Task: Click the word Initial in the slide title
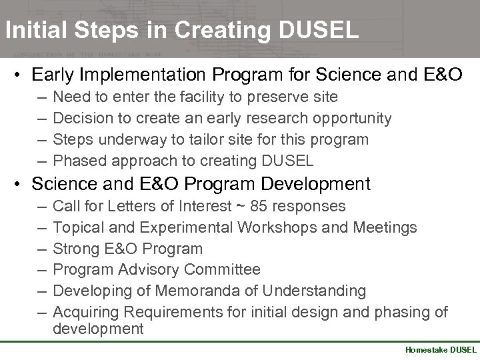(30, 30)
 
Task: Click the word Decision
(81, 118)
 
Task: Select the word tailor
(192, 139)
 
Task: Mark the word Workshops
(271, 227)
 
